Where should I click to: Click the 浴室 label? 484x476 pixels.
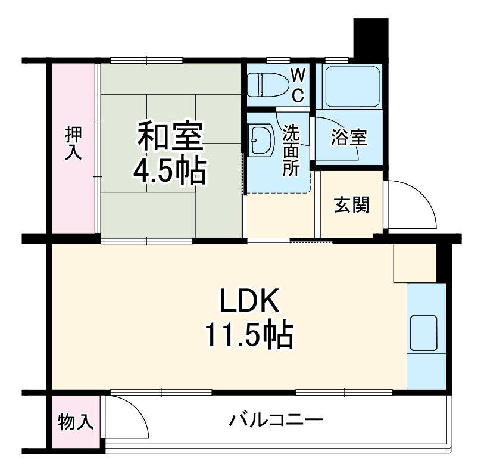349,138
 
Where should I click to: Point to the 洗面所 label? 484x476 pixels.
291,150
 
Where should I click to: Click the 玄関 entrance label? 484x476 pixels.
351,204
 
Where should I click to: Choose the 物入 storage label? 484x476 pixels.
75,422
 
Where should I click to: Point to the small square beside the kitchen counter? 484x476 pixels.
414,263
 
